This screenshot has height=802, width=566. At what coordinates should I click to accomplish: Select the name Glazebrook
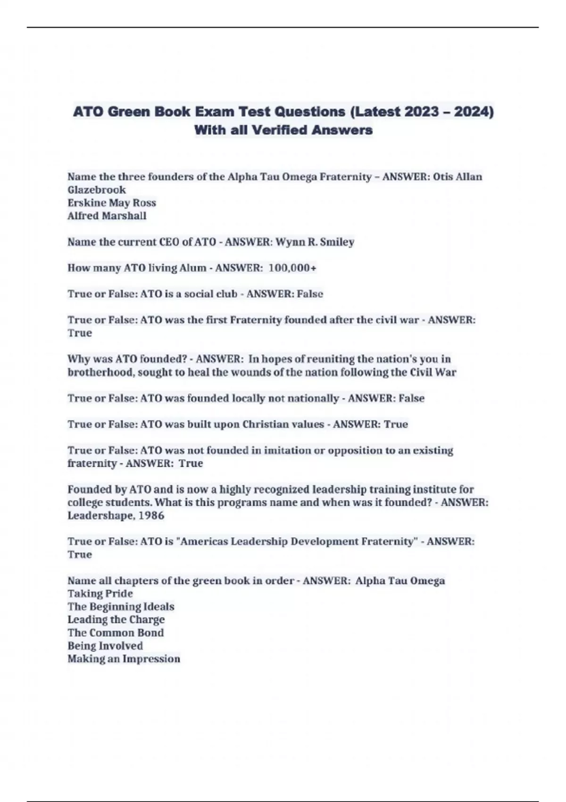tap(97, 190)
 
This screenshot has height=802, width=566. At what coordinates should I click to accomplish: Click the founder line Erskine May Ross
tap(112, 203)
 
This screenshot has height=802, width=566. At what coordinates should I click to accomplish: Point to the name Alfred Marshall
tap(107, 216)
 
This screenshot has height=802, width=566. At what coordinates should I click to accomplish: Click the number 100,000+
tap(292, 268)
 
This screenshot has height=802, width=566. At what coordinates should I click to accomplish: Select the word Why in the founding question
tap(77, 359)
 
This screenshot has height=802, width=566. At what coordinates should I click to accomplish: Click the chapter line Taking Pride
tap(100, 593)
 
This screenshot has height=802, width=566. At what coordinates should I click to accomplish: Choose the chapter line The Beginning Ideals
tap(121, 607)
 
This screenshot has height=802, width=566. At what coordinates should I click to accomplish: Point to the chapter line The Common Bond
tap(116, 633)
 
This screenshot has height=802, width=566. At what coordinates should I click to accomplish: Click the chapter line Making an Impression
tap(124, 659)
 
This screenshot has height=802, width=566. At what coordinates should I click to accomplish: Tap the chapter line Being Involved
tap(105, 646)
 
